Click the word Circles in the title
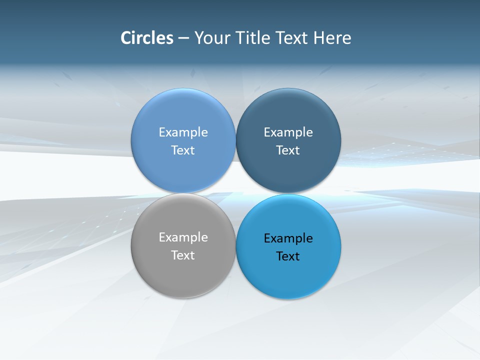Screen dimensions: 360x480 click(x=147, y=38)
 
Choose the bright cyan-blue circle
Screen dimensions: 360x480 click(x=288, y=275)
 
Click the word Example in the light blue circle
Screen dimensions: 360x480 click(x=183, y=132)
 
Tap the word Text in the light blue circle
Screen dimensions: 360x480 click(x=183, y=150)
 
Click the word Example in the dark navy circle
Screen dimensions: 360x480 click(x=288, y=132)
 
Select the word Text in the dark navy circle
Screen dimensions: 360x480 click(x=288, y=150)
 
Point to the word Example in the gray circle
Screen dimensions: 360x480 click(x=183, y=237)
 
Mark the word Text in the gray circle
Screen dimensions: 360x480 click(x=183, y=255)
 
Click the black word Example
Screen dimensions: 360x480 click(x=288, y=238)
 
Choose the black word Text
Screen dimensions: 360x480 click(x=288, y=256)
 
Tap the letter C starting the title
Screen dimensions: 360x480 click(x=126, y=38)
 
